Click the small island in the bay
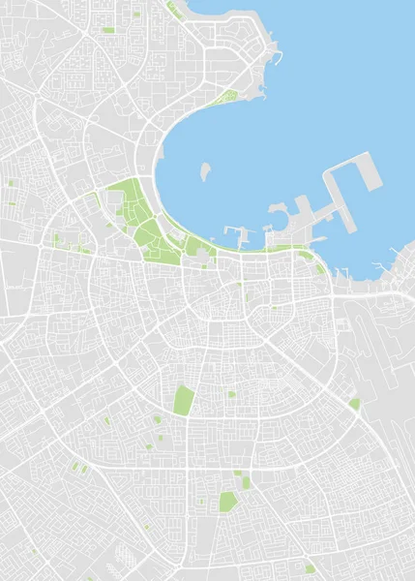tap(205, 172)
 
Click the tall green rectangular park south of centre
tap(183, 400)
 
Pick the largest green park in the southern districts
tap(227, 501)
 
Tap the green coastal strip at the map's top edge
tap(175, 11)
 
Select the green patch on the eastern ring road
tap(355, 403)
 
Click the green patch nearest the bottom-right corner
tap(310, 568)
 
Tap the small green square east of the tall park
tap(231, 394)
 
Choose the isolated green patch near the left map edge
tap(12, 182)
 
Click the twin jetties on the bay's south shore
tap(237, 232)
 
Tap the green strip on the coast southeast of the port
tap(318, 266)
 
